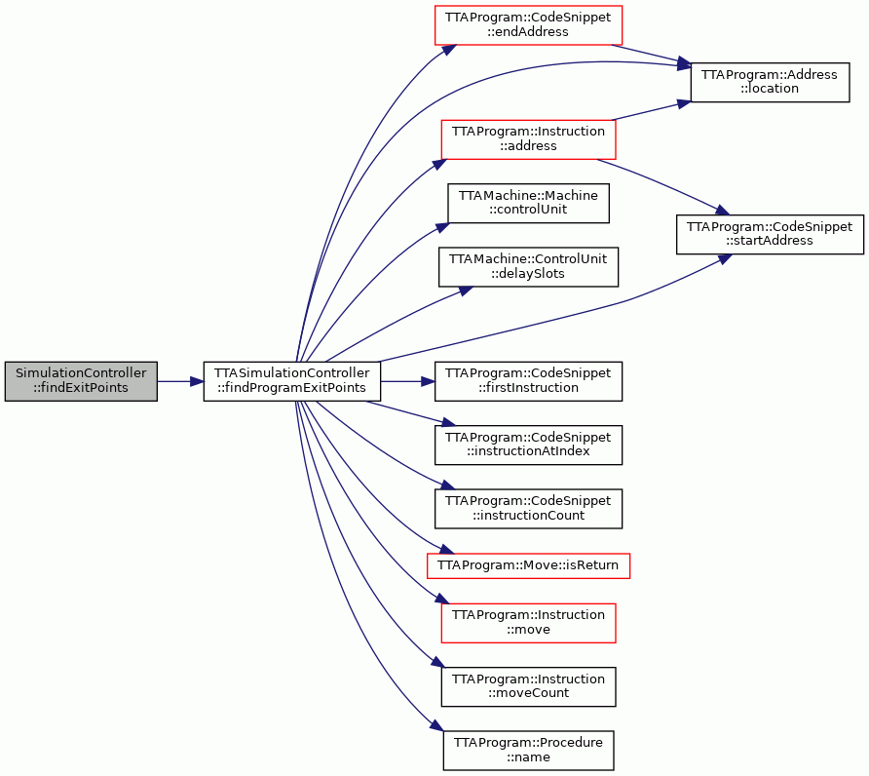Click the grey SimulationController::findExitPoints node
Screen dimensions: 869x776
[x=81, y=381]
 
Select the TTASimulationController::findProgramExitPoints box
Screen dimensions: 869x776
[x=292, y=381]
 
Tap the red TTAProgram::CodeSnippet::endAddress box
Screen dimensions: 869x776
[x=528, y=25]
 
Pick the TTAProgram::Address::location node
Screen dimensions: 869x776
[x=770, y=82]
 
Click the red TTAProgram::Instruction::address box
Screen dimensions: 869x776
[x=528, y=139]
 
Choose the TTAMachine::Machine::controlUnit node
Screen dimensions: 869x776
[x=528, y=204]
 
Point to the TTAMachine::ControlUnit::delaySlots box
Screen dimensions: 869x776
[x=528, y=267]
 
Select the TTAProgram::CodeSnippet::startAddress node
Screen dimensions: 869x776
[x=770, y=235]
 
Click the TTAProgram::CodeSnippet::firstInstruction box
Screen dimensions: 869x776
[x=528, y=381]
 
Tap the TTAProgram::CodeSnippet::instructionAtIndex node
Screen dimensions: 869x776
[x=528, y=445]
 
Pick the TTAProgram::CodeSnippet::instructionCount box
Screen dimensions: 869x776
[x=528, y=509]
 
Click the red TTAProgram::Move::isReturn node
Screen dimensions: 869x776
[x=528, y=565]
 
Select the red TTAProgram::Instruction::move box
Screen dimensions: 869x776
[x=528, y=623]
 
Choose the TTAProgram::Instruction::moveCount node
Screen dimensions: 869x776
[x=528, y=686]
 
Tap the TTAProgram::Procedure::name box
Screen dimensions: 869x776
[x=528, y=751]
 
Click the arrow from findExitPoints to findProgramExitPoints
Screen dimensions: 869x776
[x=180, y=381]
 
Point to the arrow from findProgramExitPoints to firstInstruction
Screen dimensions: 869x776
[x=408, y=381]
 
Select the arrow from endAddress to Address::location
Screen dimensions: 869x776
[x=651, y=54]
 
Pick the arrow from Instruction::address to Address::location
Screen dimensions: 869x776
[x=651, y=110]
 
